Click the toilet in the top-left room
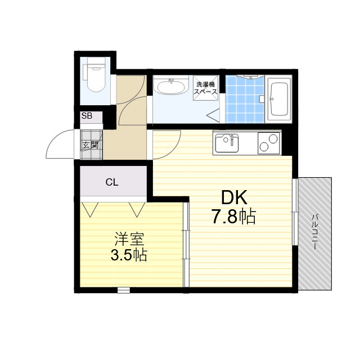pyautogui.click(x=94, y=76)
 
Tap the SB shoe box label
pyautogui.click(x=87, y=116)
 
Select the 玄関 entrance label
pyautogui.click(x=90, y=145)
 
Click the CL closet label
pyautogui.click(x=112, y=182)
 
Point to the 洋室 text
pyautogui.click(x=128, y=238)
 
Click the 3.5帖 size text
pyautogui.click(x=128, y=255)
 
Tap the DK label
pyautogui.click(x=233, y=198)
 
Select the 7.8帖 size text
pyautogui.click(x=233, y=217)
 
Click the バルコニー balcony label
pyautogui.click(x=315, y=231)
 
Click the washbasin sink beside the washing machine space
pyautogui.click(x=171, y=88)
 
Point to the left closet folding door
pyautogui.click(x=90, y=209)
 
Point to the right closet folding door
pyautogui.click(x=137, y=209)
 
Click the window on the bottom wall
pyautogui.click(x=123, y=290)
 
